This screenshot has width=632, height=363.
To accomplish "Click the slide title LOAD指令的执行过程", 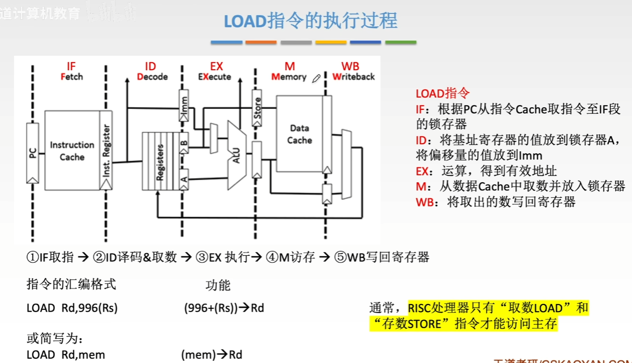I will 310,21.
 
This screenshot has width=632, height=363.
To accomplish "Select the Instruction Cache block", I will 72,151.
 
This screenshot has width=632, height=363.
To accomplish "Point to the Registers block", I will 159,161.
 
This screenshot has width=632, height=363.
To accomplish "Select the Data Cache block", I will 299,134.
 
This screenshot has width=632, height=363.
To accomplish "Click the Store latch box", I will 257,107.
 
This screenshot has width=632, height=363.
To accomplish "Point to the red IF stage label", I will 71,66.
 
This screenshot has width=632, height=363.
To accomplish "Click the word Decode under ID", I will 152,77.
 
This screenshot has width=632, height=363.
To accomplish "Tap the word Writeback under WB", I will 353,77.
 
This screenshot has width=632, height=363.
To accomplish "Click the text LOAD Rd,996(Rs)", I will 72,308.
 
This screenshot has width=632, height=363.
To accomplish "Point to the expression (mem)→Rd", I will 213,355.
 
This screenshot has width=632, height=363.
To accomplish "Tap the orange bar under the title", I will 261,42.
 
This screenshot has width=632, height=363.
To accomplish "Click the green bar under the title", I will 400,42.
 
